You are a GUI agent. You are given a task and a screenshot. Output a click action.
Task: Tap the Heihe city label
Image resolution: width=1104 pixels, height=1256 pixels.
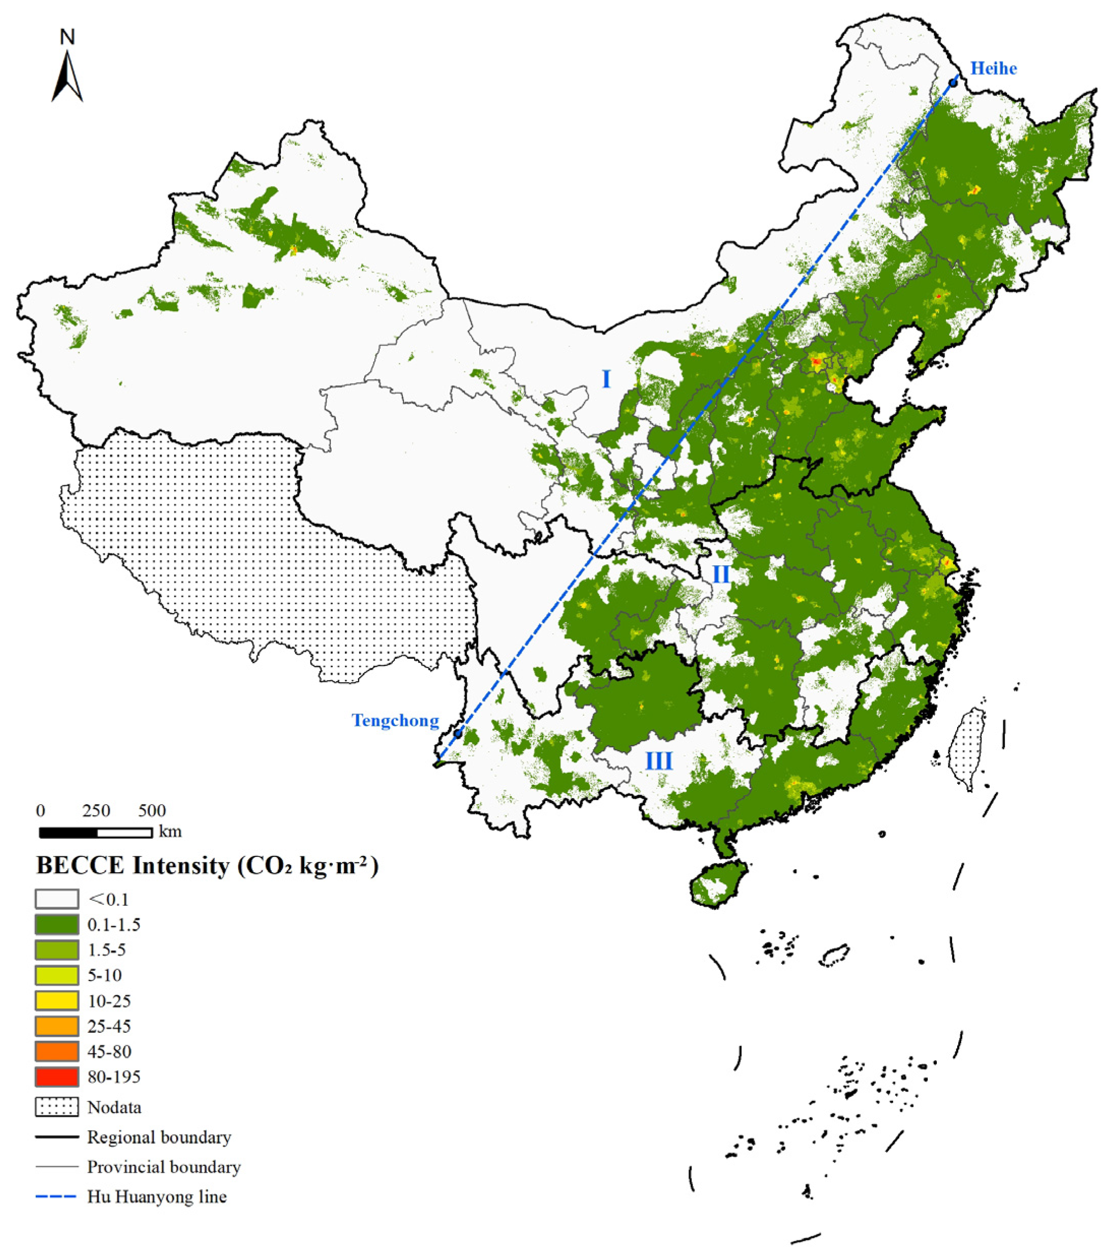coord(993,68)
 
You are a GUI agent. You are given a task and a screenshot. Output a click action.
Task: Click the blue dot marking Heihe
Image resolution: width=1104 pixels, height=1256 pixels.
coord(954,82)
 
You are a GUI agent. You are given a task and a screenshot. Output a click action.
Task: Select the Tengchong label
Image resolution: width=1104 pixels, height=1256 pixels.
coord(395,720)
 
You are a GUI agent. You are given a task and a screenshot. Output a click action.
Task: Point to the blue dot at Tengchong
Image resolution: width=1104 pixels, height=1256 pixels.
coord(458,733)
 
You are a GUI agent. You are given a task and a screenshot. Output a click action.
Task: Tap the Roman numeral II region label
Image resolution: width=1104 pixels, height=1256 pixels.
coord(720,574)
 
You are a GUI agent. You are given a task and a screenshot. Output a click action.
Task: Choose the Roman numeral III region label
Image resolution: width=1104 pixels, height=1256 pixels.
coord(658,761)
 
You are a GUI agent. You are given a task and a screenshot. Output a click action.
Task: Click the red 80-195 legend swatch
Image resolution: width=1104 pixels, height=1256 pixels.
coord(56,1077)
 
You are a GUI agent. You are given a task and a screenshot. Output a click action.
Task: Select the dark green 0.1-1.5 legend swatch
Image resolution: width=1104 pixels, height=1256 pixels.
coord(56,925)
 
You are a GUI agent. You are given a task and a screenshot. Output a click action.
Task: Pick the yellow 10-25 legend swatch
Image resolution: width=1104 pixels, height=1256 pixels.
coord(56,1001)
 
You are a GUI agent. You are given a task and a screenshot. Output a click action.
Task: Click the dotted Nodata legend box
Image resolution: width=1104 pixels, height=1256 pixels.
coord(56,1107)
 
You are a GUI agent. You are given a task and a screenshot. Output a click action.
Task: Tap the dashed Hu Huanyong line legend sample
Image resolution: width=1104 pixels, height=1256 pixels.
coord(56,1197)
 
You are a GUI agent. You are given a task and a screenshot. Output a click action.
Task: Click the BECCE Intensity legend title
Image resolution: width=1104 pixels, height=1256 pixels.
coord(207,866)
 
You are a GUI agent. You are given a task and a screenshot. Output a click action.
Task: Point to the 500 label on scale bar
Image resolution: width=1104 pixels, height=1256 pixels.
coord(152,811)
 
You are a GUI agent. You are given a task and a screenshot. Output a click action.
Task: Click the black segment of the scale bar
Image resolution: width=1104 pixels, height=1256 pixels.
coord(68,833)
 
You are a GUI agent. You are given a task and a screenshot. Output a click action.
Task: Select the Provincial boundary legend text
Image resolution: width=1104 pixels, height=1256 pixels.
coord(164,1167)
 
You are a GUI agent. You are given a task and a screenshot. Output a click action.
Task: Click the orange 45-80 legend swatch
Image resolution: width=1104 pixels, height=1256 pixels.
coord(56,1051)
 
